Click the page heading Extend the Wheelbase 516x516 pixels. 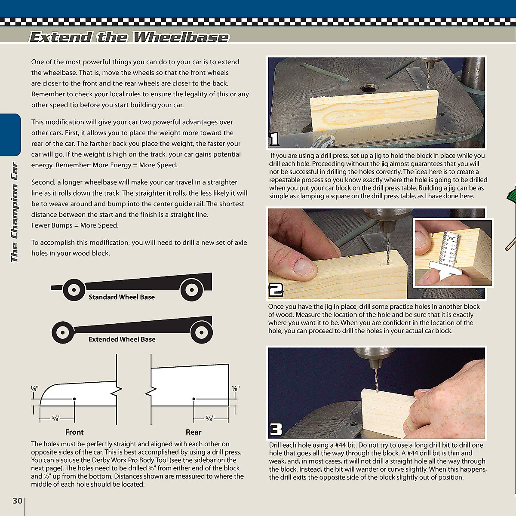[x=129, y=37]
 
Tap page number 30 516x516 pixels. [x=17, y=501]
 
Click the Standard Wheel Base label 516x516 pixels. [x=121, y=297]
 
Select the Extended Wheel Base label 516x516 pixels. [x=122, y=339]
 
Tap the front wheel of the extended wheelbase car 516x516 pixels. [x=63, y=332]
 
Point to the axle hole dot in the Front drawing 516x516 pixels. [x=74, y=399]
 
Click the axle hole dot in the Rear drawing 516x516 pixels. [x=194, y=399]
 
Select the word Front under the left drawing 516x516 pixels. [x=74, y=432]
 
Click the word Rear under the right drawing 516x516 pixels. [x=193, y=432]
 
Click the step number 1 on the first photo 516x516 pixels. [x=274, y=139]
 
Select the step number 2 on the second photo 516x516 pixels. [x=276, y=290]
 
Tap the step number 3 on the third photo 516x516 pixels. [x=276, y=429]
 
